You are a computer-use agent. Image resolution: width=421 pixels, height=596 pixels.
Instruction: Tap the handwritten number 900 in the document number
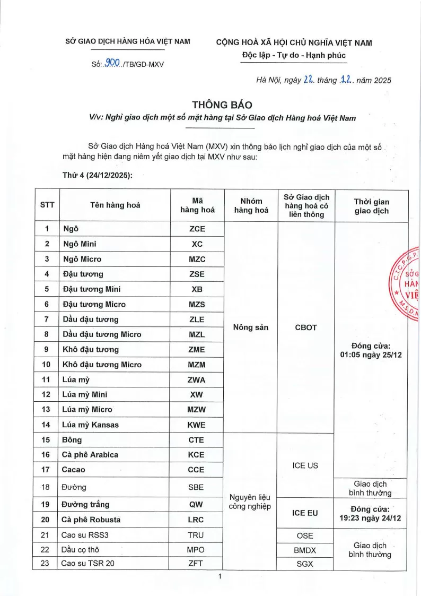point(112,63)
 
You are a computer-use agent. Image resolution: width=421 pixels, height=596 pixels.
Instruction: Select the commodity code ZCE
point(196,229)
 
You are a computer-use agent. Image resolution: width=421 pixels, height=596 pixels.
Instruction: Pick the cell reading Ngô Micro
point(82,259)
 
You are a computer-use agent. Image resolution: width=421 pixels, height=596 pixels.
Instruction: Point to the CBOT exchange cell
point(305,327)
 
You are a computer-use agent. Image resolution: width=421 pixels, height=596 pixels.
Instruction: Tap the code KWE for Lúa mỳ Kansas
point(196,425)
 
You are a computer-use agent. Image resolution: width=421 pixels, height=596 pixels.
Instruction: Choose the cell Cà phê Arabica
point(90,454)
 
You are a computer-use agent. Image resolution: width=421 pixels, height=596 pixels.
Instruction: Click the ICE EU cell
point(305,513)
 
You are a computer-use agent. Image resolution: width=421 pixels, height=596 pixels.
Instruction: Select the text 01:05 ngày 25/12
point(371,355)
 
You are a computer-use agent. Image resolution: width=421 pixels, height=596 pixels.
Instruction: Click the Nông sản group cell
point(250,327)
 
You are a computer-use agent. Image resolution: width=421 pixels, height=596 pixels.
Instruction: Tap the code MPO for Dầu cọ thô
point(196,549)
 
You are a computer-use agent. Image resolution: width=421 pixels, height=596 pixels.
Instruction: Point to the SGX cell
point(305,564)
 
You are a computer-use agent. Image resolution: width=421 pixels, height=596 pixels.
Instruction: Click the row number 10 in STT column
point(47,365)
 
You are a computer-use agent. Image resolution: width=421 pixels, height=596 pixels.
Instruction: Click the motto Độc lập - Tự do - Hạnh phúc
point(293,55)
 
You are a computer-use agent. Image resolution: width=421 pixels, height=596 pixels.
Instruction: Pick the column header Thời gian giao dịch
point(371,205)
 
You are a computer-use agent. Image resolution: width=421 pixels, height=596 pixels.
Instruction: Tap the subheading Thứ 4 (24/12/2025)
point(97,175)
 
